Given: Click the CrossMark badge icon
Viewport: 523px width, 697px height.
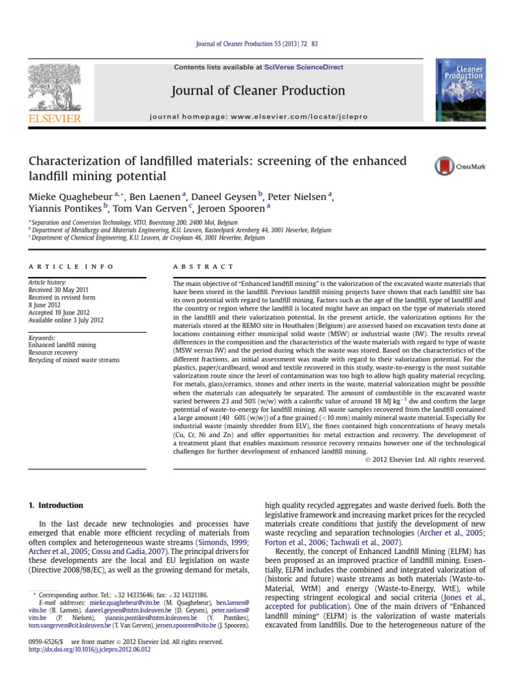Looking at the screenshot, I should tap(444, 166).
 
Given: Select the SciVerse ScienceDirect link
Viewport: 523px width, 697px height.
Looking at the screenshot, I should tap(313, 67).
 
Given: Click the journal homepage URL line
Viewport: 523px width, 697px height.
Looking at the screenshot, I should tap(258, 117).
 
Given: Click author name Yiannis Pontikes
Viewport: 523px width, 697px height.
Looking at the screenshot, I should tap(64, 209).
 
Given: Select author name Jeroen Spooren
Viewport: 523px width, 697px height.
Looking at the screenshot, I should tap(234, 209).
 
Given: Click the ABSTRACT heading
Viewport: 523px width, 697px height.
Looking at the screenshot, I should tap(204, 267).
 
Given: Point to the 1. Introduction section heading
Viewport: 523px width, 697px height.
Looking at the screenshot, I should tap(55, 506).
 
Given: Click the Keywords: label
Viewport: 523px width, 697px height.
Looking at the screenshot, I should tap(42, 338).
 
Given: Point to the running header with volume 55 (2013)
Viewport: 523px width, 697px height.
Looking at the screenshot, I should tap(257, 44).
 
